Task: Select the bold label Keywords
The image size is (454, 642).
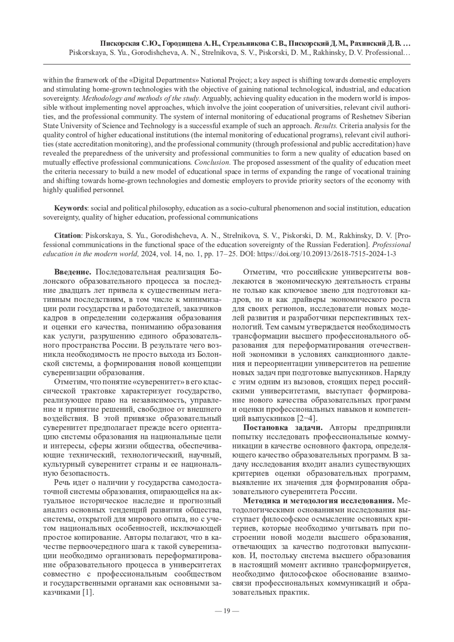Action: pos(71,208)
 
